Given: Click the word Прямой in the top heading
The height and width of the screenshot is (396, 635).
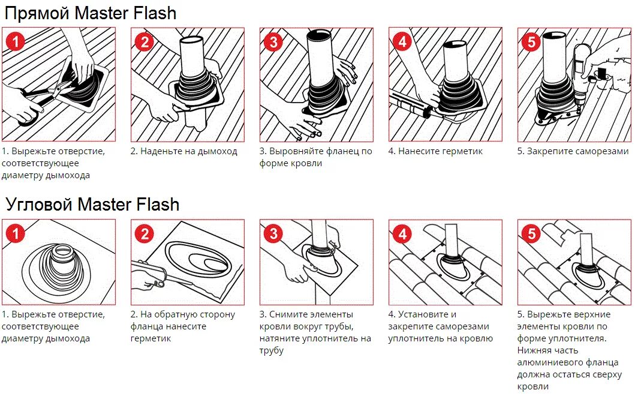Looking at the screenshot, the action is [38, 13].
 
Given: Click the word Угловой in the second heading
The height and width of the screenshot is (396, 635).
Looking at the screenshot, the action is [39, 204].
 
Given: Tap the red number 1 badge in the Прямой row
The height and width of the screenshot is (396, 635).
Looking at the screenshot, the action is [16, 42].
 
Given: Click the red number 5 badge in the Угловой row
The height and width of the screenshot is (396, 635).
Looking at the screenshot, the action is [532, 233].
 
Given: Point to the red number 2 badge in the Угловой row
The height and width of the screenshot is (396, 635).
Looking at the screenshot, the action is [145, 233].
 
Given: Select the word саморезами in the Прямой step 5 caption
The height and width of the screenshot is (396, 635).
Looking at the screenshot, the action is [603, 152].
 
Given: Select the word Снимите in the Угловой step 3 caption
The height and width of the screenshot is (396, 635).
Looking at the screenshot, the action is [288, 314].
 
